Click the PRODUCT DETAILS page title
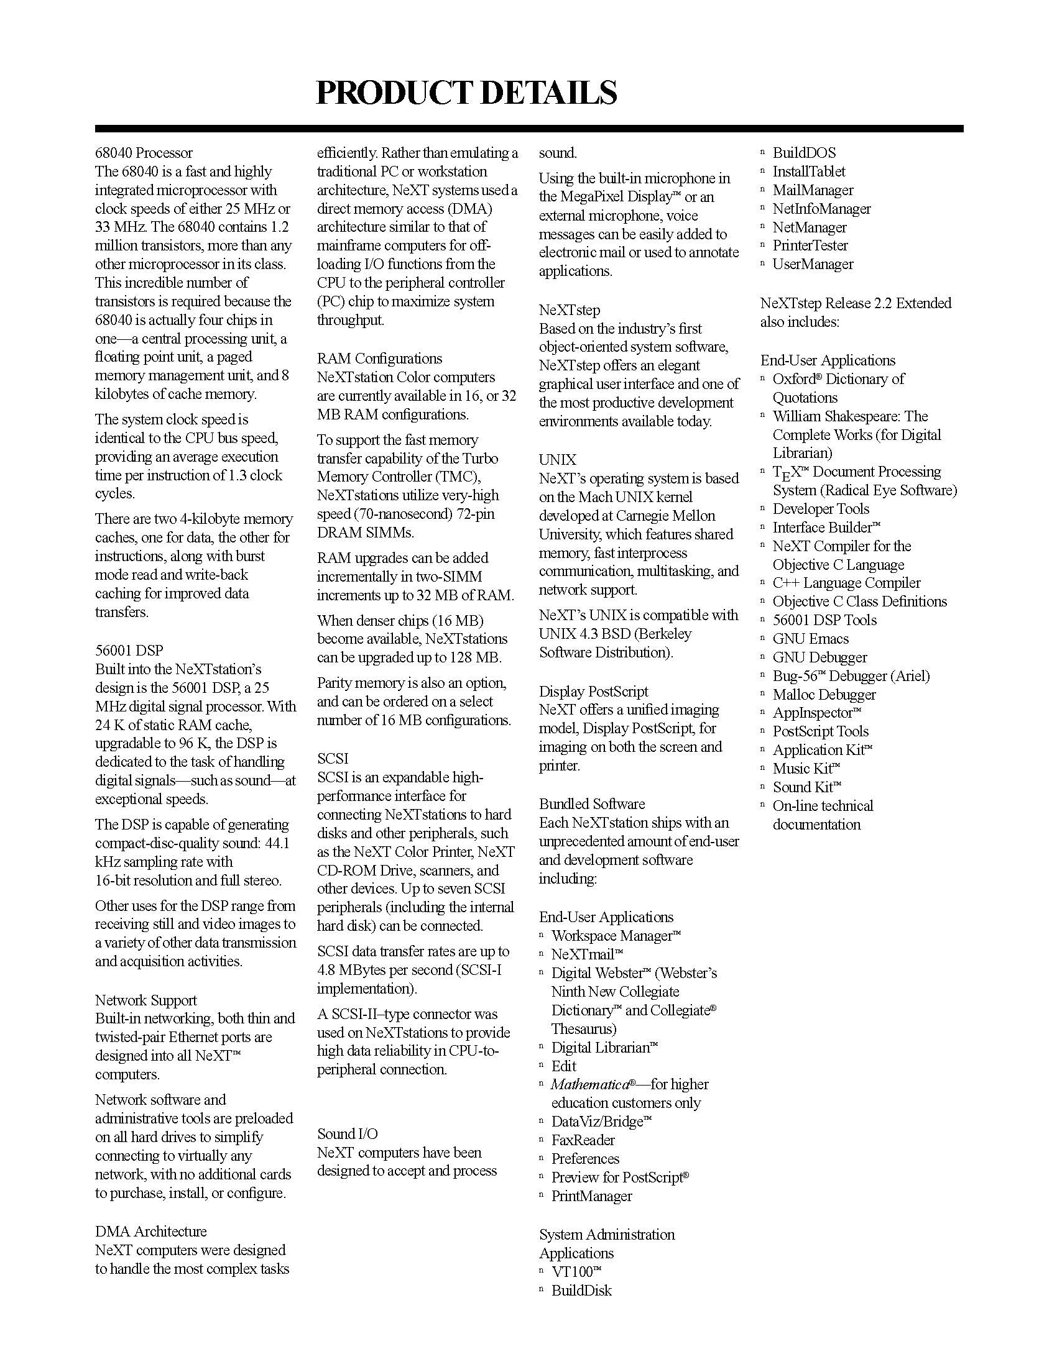(x=466, y=93)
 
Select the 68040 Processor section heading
(x=144, y=153)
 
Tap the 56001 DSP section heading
(x=129, y=651)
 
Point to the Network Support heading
(x=146, y=1000)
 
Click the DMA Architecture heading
(x=151, y=1231)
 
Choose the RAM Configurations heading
(x=379, y=359)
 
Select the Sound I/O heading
(x=348, y=1133)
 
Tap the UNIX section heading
(x=557, y=460)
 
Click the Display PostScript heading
(x=594, y=692)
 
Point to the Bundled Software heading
(x=592, y=803)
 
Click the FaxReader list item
(x=583, y=1140)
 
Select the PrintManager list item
(x=592, y=1196)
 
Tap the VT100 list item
(x=576, y=1271)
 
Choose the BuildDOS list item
(x=804, y=153)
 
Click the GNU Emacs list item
(x=811, y=638)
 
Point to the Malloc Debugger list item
(x=824, y=694)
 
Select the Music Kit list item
(x=806, y=769)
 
